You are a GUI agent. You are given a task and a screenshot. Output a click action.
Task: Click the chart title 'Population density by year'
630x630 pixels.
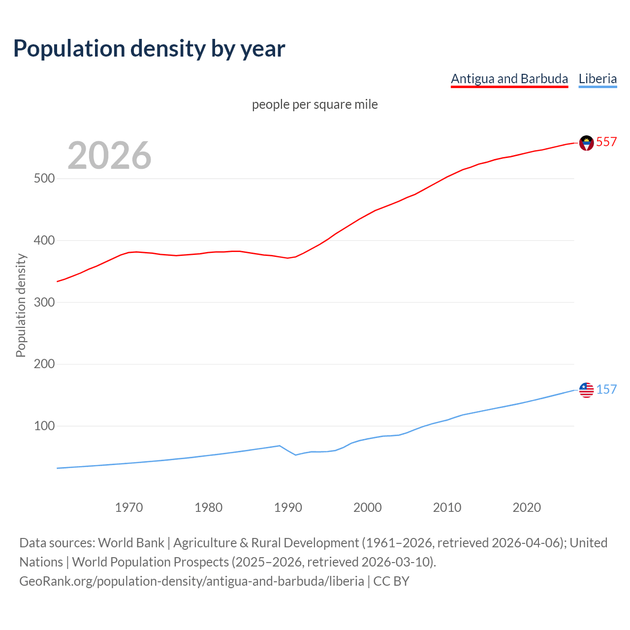149,49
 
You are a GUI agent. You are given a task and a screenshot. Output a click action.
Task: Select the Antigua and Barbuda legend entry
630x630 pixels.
509,79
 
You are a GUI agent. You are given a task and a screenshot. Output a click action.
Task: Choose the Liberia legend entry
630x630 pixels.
598,79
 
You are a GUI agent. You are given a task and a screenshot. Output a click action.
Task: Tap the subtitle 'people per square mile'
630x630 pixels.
315,104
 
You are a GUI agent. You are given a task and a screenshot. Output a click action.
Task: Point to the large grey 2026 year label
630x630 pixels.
109,156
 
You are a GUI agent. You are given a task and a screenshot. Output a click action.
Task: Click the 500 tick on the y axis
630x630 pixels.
44,178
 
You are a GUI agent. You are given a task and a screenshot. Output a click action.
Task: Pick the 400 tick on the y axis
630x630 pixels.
44,240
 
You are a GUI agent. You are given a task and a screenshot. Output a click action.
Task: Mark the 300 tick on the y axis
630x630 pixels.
44,302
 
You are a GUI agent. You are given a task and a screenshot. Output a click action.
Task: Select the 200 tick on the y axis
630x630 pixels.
44,364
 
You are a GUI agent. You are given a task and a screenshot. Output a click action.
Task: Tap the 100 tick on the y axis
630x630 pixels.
44,426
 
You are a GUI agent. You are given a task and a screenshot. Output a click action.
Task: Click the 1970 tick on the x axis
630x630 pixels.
129,507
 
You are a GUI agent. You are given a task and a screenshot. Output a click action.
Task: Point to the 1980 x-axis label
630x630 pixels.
209,507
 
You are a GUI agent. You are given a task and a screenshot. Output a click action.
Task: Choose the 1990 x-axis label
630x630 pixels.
288,507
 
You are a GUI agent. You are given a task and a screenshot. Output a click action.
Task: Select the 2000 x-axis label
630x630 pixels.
368,507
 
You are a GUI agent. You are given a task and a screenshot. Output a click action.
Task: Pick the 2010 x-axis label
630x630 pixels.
447,507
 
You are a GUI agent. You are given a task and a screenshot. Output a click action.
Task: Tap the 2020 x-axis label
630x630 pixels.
527,507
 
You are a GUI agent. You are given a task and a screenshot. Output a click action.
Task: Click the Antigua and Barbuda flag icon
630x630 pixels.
586,143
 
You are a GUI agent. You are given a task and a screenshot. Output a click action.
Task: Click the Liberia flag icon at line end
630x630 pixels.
586,390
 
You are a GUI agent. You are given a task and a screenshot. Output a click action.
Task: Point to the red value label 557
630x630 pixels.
606,142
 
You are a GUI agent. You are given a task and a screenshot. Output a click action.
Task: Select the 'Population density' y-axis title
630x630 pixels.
21,305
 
